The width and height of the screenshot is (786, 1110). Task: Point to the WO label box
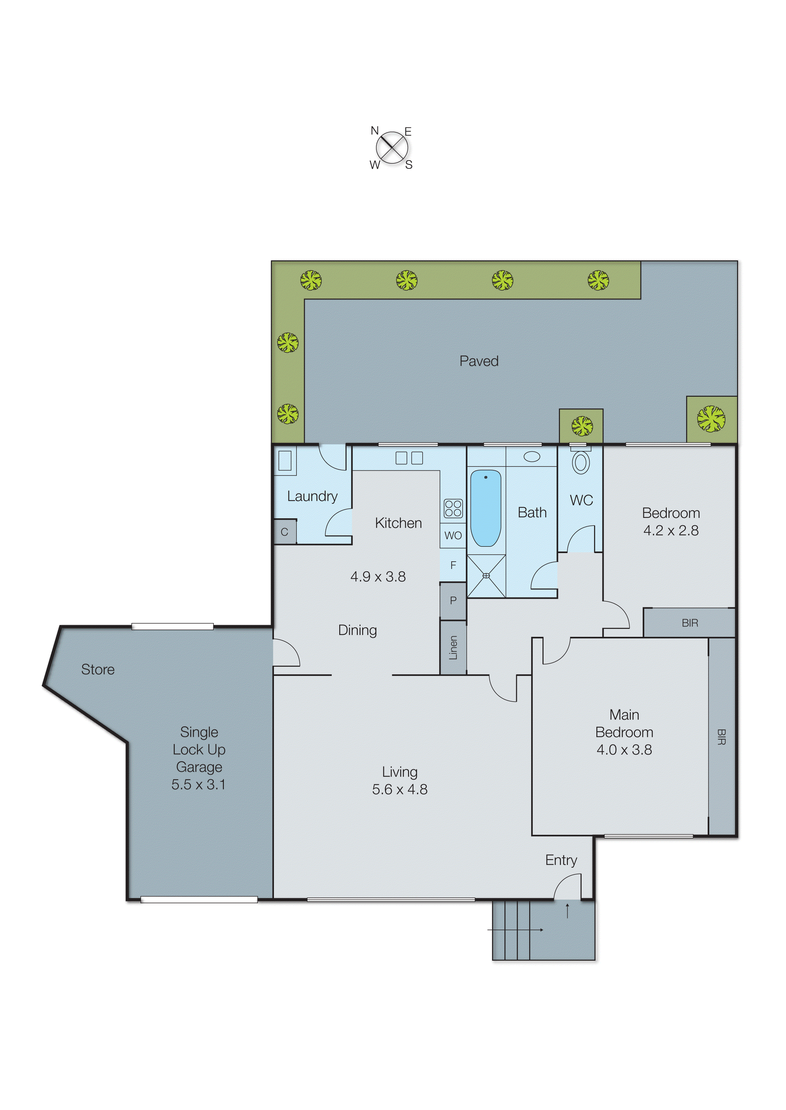click(x=453, y=535)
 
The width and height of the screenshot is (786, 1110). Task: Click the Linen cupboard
click(x=453, y=647)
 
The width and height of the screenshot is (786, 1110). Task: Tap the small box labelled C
click(x=285, y=532)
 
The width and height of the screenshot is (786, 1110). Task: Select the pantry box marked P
click(x=453, y=601)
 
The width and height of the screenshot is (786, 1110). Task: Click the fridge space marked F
click(x=453, y=565)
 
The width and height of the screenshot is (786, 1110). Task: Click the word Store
click(x=98, y=669)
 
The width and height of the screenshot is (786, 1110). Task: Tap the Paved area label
click(x=479, y=361)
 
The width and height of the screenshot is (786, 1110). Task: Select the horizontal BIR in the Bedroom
click(x=690, y=623)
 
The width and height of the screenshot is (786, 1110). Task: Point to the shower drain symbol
click(x=486, y=576)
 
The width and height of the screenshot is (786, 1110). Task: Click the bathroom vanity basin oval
click(x=532, y=456)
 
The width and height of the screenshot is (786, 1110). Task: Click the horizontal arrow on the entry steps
click(x=516, y=930)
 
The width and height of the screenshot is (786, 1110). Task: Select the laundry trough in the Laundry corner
click(x=285, y=460)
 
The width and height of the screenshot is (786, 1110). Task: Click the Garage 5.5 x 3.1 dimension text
click(x=198, y=785)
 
